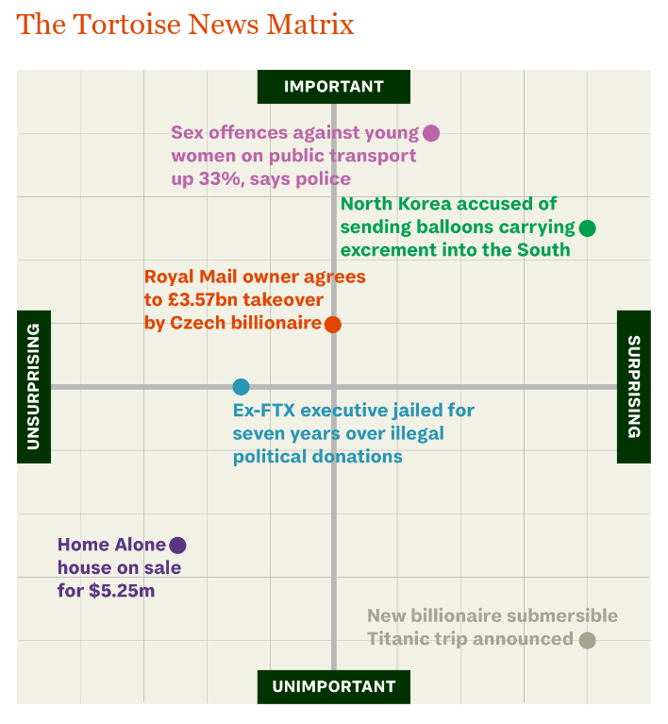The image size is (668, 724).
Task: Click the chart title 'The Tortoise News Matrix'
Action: click(185, 25)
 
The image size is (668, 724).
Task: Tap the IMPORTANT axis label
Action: click(334, 87)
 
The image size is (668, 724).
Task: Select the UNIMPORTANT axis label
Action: click(334, 686)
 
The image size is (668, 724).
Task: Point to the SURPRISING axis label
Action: click(633, 386)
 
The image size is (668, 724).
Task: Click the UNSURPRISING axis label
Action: click(34, 386)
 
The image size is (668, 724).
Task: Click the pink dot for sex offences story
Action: click(431, 133)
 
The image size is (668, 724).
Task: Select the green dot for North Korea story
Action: click(587, 227)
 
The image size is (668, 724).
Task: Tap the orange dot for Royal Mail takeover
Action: click(332, 325)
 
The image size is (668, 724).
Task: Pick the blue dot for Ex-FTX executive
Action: click(241, 386)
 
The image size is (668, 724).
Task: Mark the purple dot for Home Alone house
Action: click(177, 545)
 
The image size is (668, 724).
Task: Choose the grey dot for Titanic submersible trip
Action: click(587, 640)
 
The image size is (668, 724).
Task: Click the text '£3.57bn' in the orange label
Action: click(204, 300)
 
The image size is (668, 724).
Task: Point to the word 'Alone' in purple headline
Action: click(141, 545)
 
